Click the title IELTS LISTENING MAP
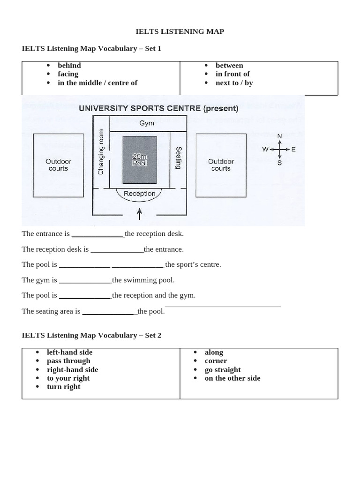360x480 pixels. click(x=180, y=31)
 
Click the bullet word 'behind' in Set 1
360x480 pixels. click(x=69, y=65)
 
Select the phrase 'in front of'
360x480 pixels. click(x=232, y=74)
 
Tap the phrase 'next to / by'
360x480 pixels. click(x=234, y=82)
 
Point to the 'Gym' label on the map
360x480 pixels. click(x=147, y=124)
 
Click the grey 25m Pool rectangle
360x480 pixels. click(x=140, y=159)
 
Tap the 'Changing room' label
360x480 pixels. click(x=101, y=152)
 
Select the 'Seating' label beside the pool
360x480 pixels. click(x=178, y=158)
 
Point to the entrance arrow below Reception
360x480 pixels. click(x=139, y=214)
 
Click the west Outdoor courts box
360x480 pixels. click(x=58, y=165)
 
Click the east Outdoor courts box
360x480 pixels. click(x=221, y=165)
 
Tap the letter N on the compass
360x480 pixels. click(x=280, y=136)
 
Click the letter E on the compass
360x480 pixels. click(x=293, y=150)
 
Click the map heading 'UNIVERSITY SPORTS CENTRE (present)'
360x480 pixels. click(x=158, y=108)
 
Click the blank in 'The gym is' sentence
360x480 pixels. click(x=85, y=280)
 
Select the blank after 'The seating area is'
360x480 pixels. click(x=109, y=311)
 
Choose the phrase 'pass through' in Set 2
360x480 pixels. click(x=68, y=360)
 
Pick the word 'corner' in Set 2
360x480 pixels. click(x=216, y=360)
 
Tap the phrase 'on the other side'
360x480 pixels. click(x=232, y=378)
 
